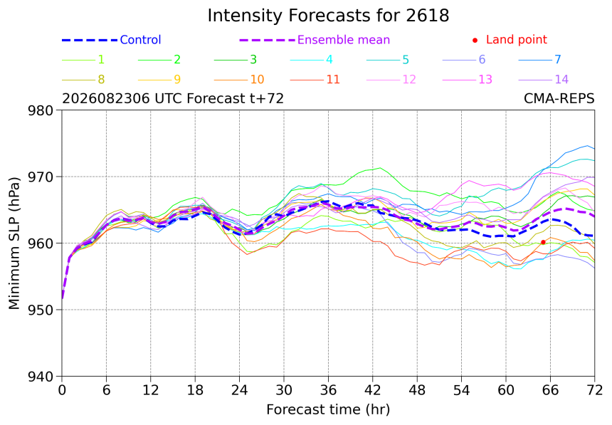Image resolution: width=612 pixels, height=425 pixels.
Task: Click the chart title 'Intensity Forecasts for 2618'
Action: (x=328, y=16)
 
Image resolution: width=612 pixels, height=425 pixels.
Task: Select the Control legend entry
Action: (x=111, y=40)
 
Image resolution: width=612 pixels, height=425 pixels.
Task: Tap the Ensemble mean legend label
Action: (x=344, y=40)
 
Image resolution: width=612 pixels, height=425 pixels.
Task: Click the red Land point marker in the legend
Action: (x=475, y=40)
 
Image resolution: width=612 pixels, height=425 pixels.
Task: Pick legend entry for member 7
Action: (x=540, y=59)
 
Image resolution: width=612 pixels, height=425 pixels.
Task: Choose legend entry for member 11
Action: (x=315, y=79)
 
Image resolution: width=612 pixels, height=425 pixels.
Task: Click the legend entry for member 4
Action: (x=312, y=59)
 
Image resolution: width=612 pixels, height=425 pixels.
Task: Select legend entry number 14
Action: (x=544, y=79)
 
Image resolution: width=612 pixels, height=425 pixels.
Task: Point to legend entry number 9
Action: (x=159, y=79)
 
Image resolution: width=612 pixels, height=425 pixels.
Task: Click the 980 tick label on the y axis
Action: (x=41, y=110)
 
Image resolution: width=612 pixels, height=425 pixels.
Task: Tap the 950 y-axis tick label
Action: (x=41, y=310)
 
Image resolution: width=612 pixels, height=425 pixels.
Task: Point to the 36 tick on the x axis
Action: (x=328, y=390)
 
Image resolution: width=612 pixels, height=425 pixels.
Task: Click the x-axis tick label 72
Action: (x=594, y=390)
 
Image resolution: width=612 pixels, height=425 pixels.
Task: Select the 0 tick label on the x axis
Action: (x=62, y=390)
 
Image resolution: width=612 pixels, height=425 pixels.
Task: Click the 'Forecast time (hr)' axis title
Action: (x=328, y=409)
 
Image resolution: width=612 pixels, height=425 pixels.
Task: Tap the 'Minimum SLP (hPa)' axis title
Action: (x=14, y=243)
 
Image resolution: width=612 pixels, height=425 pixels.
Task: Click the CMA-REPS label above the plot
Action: (x=559, y=98)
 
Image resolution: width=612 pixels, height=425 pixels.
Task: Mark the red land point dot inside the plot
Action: (x=543, y=242)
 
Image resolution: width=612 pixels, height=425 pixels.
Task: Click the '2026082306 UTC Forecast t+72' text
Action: (x=173, y=98)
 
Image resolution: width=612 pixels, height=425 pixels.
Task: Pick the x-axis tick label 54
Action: (x=461, y=390)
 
